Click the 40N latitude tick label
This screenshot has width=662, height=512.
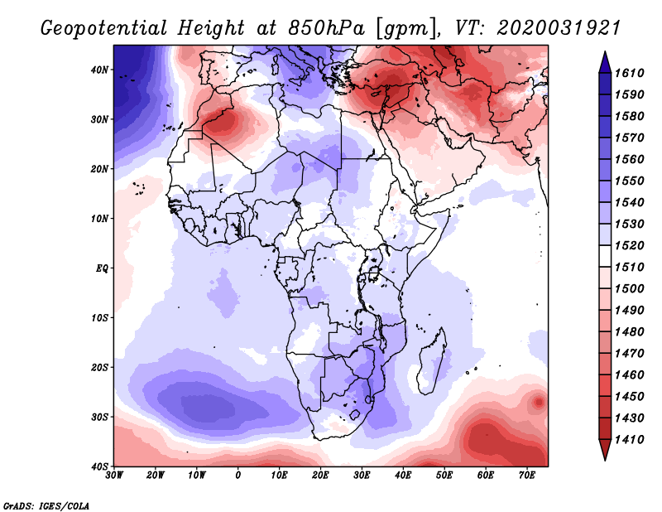(99, 70)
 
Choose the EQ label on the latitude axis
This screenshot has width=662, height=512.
(101, 268)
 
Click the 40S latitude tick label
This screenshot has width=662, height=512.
(99, 466)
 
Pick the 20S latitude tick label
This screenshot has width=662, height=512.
(99, 367)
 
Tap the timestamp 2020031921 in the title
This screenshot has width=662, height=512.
(559, 28)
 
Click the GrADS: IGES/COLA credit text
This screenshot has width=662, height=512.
(46, 505)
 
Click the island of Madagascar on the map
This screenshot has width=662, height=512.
(431, 365)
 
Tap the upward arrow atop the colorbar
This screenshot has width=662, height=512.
(605, 60)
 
